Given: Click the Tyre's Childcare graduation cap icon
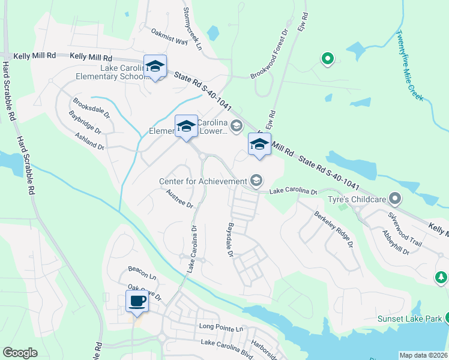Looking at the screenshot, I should (x=395, y=197).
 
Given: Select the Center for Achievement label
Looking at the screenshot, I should (x=203, y=181).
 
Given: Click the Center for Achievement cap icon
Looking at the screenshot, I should (x=256, y=180).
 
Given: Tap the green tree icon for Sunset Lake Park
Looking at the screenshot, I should (x=441, y=277).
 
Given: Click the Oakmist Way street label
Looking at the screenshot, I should (x=170, y=37).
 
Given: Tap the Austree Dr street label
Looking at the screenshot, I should (x=179, y=199).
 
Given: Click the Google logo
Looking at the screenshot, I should (x=20, y=353).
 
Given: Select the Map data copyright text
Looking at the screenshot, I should (x=423, y=355).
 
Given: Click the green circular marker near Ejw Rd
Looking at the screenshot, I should (x=328, y=59).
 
